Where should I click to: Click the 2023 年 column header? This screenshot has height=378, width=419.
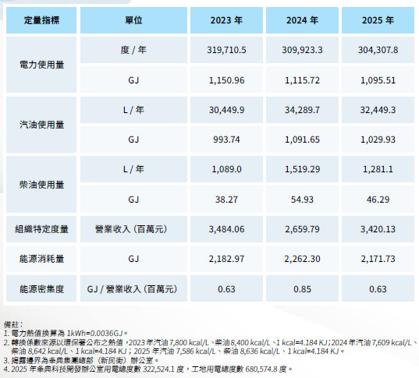point(226,20)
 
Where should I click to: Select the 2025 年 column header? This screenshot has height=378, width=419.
point(378,20)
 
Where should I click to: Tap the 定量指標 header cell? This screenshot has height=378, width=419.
point(41,20)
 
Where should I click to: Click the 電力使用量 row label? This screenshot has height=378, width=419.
point(41,65)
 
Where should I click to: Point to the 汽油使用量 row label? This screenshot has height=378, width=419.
point(41,125)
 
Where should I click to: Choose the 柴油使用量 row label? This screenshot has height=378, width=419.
point(41,185)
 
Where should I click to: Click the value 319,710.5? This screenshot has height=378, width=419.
point(226,50)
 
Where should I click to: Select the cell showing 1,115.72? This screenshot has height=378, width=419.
point(302,80)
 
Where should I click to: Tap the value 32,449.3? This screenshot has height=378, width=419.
point(378,110)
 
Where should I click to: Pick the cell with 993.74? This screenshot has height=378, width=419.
point(226,140)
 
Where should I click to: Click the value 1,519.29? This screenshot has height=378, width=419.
point(302,169)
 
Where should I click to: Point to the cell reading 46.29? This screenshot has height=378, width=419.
point(378,200)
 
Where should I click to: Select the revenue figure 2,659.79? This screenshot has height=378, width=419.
point(302,229)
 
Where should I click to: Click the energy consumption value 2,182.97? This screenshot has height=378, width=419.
point(226,259)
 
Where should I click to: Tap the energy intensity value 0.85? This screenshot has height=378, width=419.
point(302,289)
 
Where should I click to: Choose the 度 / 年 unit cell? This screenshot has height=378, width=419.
point(133,50)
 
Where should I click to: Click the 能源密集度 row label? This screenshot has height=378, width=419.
point(41,289)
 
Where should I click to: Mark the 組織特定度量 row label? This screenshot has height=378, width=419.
point(41,229)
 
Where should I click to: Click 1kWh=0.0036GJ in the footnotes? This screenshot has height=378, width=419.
point(94,334)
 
